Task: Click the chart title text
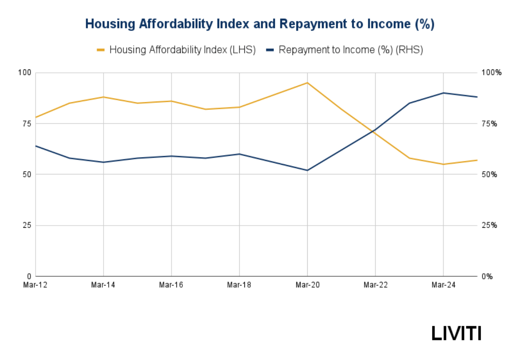pyautogui.click(x=260, y=24)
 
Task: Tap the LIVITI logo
pyautogui.click(x=456, y=334)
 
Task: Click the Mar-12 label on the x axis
pyautogui.click(x=36, y=285)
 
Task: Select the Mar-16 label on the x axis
pyautogui.click(x=171, y=285)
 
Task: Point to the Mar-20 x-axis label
pyautogui.click(x=307, y=285)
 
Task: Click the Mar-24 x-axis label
pyautogui.click(x=443, y=285)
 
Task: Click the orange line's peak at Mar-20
pyautogui.click(x=307, y=82)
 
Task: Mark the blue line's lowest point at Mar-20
pyautogui.click(x=307, y=170)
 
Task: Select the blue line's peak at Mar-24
pyautogui.click(x=443, y=93)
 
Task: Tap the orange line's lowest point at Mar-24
pyautogui.click(x=443, y=164)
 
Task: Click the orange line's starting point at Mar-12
pyautogui.click(x=36, y=117)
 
